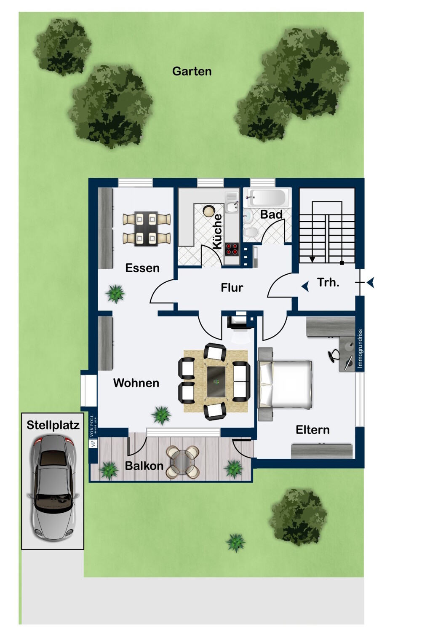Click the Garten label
pyautogui.click(x=192, y=71)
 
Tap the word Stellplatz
pyautogui.click(x=53, y=425)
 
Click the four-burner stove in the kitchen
pyautogui.click(x=232, y=249)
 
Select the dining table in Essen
pyautogui.click(x=147, y=229)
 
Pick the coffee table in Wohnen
pyautogui.click(x=216, y=382)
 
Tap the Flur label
pyautogui.click(x=232, y=288)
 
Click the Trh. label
pyautogui.click(x=328, y=282)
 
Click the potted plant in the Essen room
pyautogui.click(x=115, y=294)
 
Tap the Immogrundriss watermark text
pyautogui.click(x=360, y=349)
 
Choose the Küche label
pyautogui.click(x=217, y=232)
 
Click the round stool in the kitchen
pyautogui.click(x=209, y=211)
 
